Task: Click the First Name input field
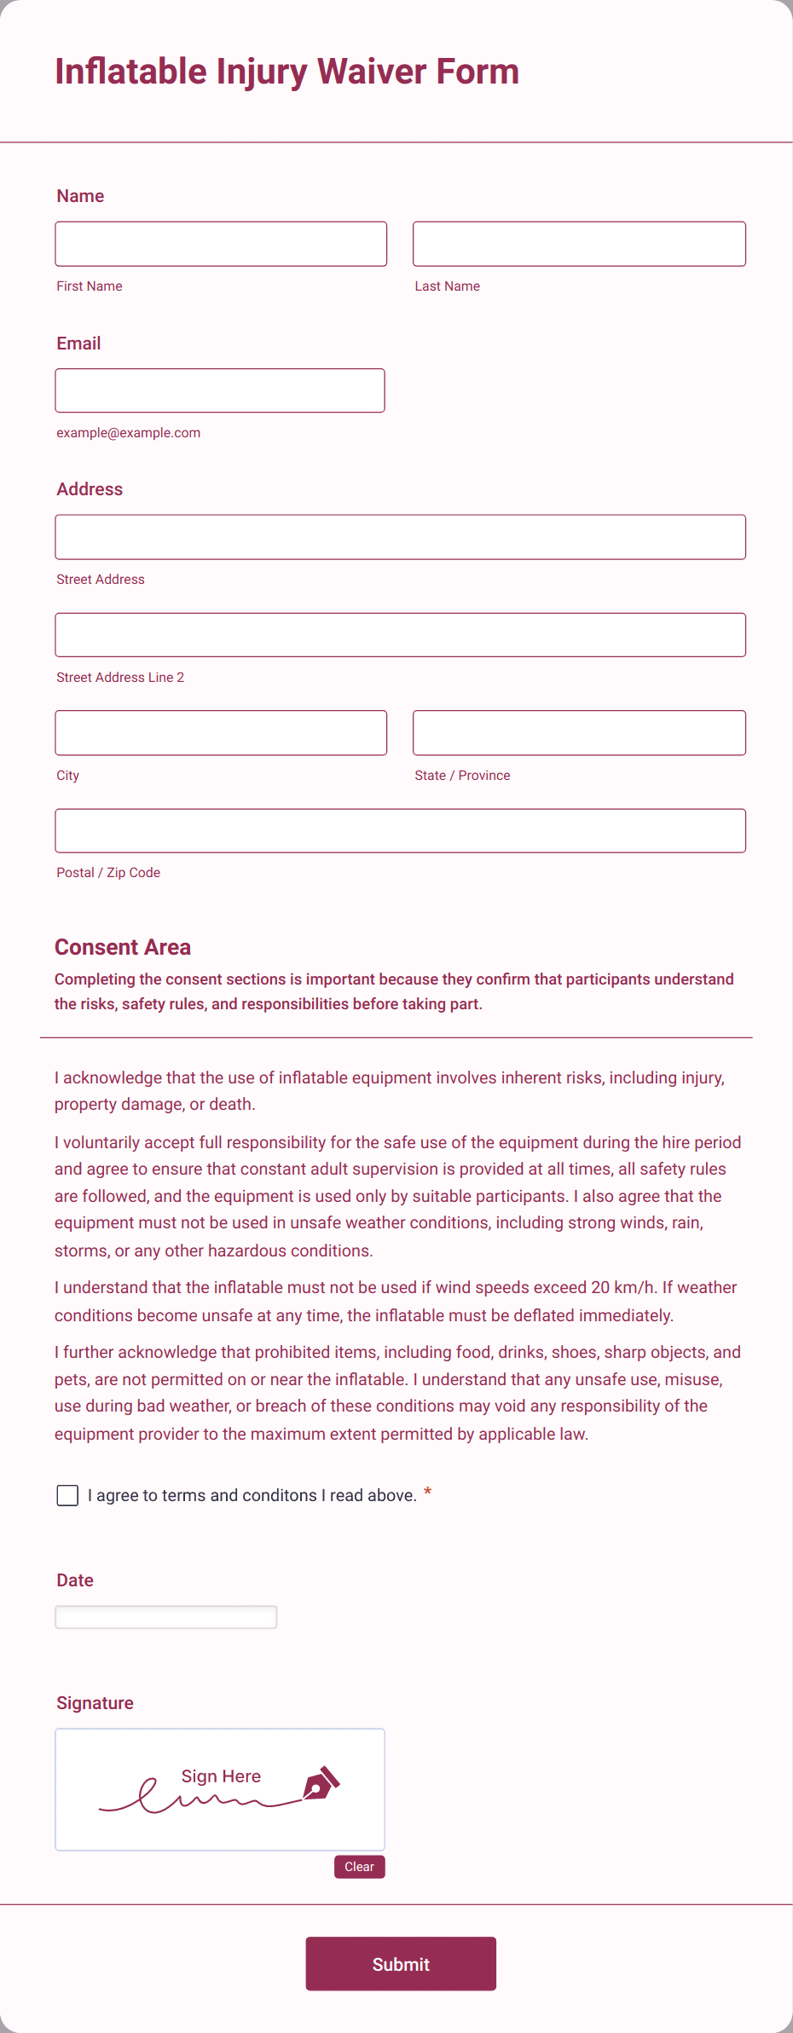click(x=221, y=244)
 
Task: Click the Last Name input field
click(x=579, y=244)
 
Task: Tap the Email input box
click(x=220, y=390)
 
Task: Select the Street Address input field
click(x=400, y=537)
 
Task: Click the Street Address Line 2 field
click(x=400, y=635)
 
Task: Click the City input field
click(x=221, y=733)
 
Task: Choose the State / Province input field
click(x=579, y=733)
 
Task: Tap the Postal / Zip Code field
click(x=400, y=831)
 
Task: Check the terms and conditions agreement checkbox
click(x=67, y=1495)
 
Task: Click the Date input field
click(x=166, y=1617)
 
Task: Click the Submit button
click(x=401, y=1964)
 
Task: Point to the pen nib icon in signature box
click(x=321, y=1783)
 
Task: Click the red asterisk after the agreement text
click(x=427, y=1492)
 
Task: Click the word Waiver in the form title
click(x=372, y=72)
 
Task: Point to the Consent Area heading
click(x=123, y=947)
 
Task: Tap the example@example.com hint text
click(x=129, y=433)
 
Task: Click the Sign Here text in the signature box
click(x=221, y=1776)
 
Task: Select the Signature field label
click(x=95, y=1703)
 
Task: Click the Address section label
click(x=90, y=489)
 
